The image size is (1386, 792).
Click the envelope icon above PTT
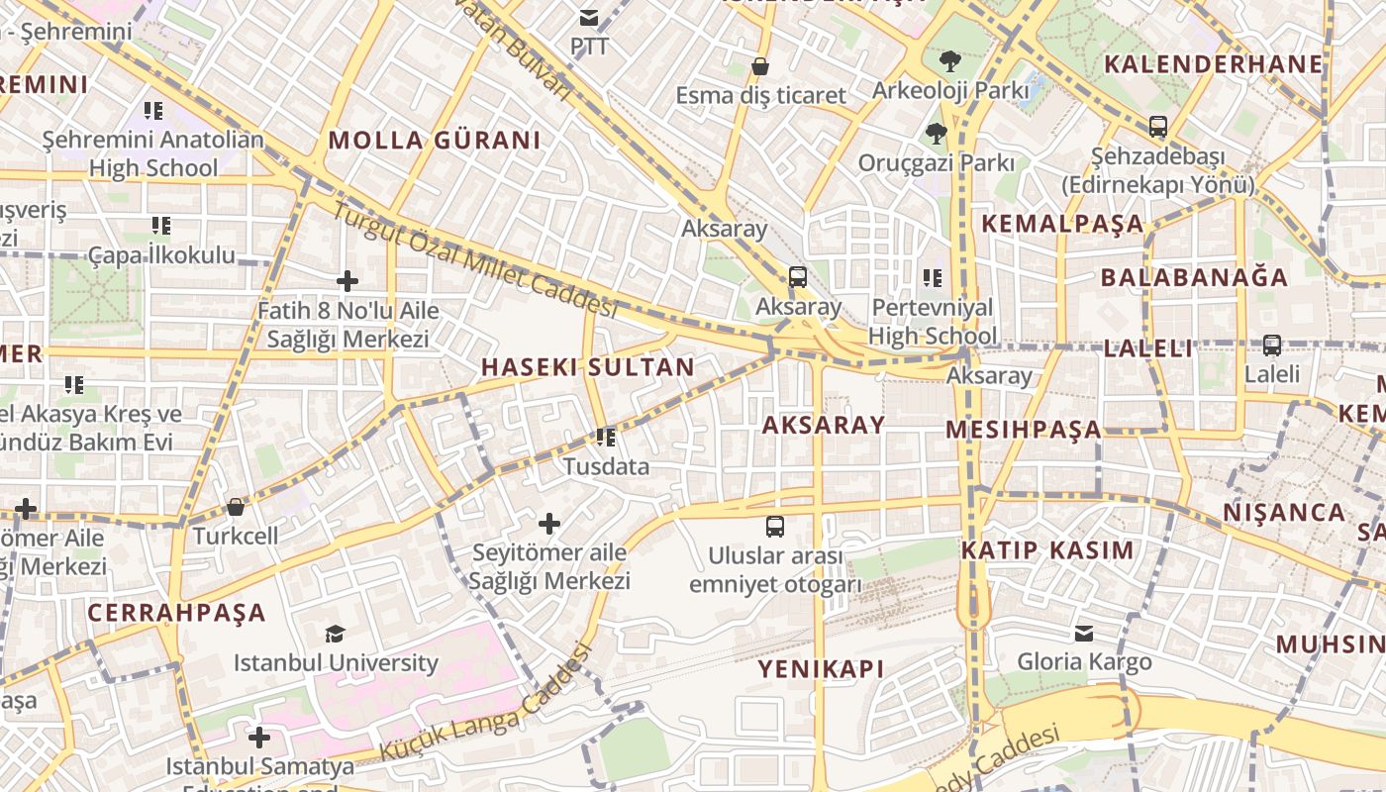[x=590, y=17]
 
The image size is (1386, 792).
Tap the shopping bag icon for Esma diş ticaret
[x=760, y=66]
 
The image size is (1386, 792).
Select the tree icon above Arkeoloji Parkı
[x=950, y=60]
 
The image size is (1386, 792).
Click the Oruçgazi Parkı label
[x=936, y=162]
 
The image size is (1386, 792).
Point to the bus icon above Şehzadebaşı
[x=1157, y=127]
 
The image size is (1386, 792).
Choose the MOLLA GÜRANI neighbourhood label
[x=435, y=141]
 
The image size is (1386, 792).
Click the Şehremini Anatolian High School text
[x=153, y=153]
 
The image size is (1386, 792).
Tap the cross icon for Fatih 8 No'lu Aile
[x=347, y=281]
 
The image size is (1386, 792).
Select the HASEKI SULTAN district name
[x=588, y=367]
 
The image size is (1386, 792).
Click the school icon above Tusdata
[x=606, y=437]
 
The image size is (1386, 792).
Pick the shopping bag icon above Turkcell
[x=236, y=507]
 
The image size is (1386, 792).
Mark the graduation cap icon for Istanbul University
[x=336, y=633]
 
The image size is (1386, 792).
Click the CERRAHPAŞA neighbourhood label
[x=176, y=613]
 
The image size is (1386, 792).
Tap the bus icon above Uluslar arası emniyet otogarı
[x=775, y=527]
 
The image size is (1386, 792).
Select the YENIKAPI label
[x=821, y=669]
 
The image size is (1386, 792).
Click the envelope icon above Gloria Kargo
[x=1084, y=633]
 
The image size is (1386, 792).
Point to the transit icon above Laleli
[x=1272, y=346]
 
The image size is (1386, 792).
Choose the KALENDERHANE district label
[x=1213, y=64]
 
